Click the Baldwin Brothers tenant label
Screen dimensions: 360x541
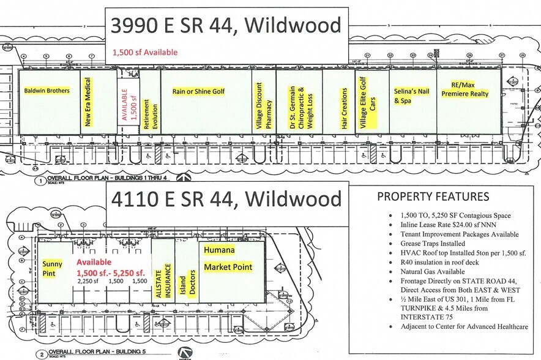click(47, 91)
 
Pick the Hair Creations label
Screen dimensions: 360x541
click(345, 108)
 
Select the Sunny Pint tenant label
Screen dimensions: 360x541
click(53, 269)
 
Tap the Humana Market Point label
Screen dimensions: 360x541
click(228, 259)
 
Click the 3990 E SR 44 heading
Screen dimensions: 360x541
click(226, 25)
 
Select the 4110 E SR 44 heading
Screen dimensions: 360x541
click(226, 199)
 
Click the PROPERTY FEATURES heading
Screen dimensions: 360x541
click(433, 197)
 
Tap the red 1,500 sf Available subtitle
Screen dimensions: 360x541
click(145, 53)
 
